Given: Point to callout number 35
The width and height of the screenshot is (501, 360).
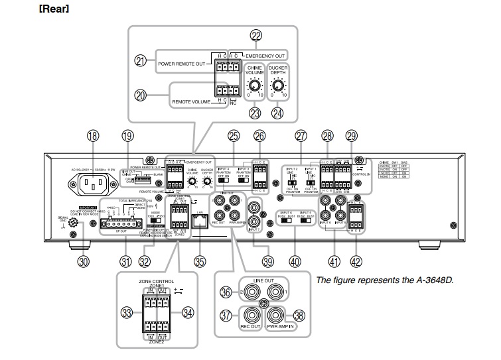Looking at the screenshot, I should click(x=200, y=261).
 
